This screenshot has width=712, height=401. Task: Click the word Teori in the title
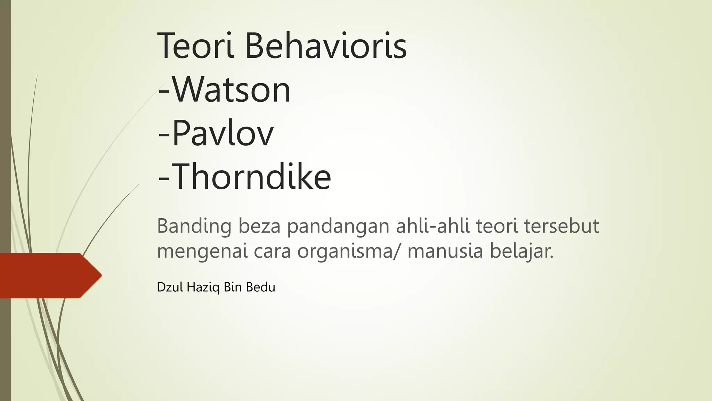(x=195, y=46)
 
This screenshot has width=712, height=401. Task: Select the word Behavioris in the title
(x=326, y=46)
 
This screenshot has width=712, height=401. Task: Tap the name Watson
(x=232, y=90)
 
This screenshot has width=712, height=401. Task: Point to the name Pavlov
(x=223, y=134)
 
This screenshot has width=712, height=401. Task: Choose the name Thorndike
(x=251, y=177)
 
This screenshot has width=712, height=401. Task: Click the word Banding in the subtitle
(x=194, y=227)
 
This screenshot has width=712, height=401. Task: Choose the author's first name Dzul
(x=170, y=287)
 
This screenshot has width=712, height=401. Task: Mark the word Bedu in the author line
(x=260, y=287)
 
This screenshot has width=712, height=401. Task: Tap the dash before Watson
(x=164, y=91)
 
